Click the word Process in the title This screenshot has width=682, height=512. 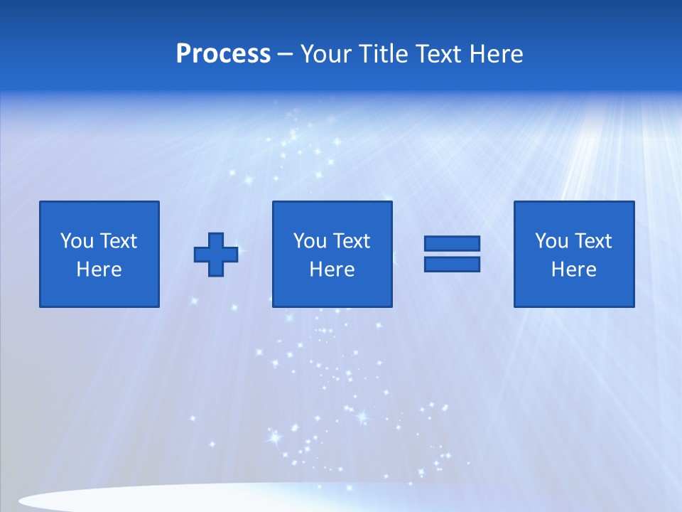coord(223,54)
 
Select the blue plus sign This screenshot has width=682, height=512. coord(216,255)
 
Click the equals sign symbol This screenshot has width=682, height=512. coord(452,254)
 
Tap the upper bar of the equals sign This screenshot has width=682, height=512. coord(452,244)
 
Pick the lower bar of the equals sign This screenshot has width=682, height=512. coord(452,264)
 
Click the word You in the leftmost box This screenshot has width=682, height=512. coord(77,241)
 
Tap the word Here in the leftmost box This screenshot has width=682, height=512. coord(99,270)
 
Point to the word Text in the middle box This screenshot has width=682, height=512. coord(351,241)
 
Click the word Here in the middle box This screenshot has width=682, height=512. coord(332,270)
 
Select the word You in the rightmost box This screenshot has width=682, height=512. coord(551,241)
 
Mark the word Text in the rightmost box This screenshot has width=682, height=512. coord(592,241)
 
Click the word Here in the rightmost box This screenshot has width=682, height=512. coord(574,270)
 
